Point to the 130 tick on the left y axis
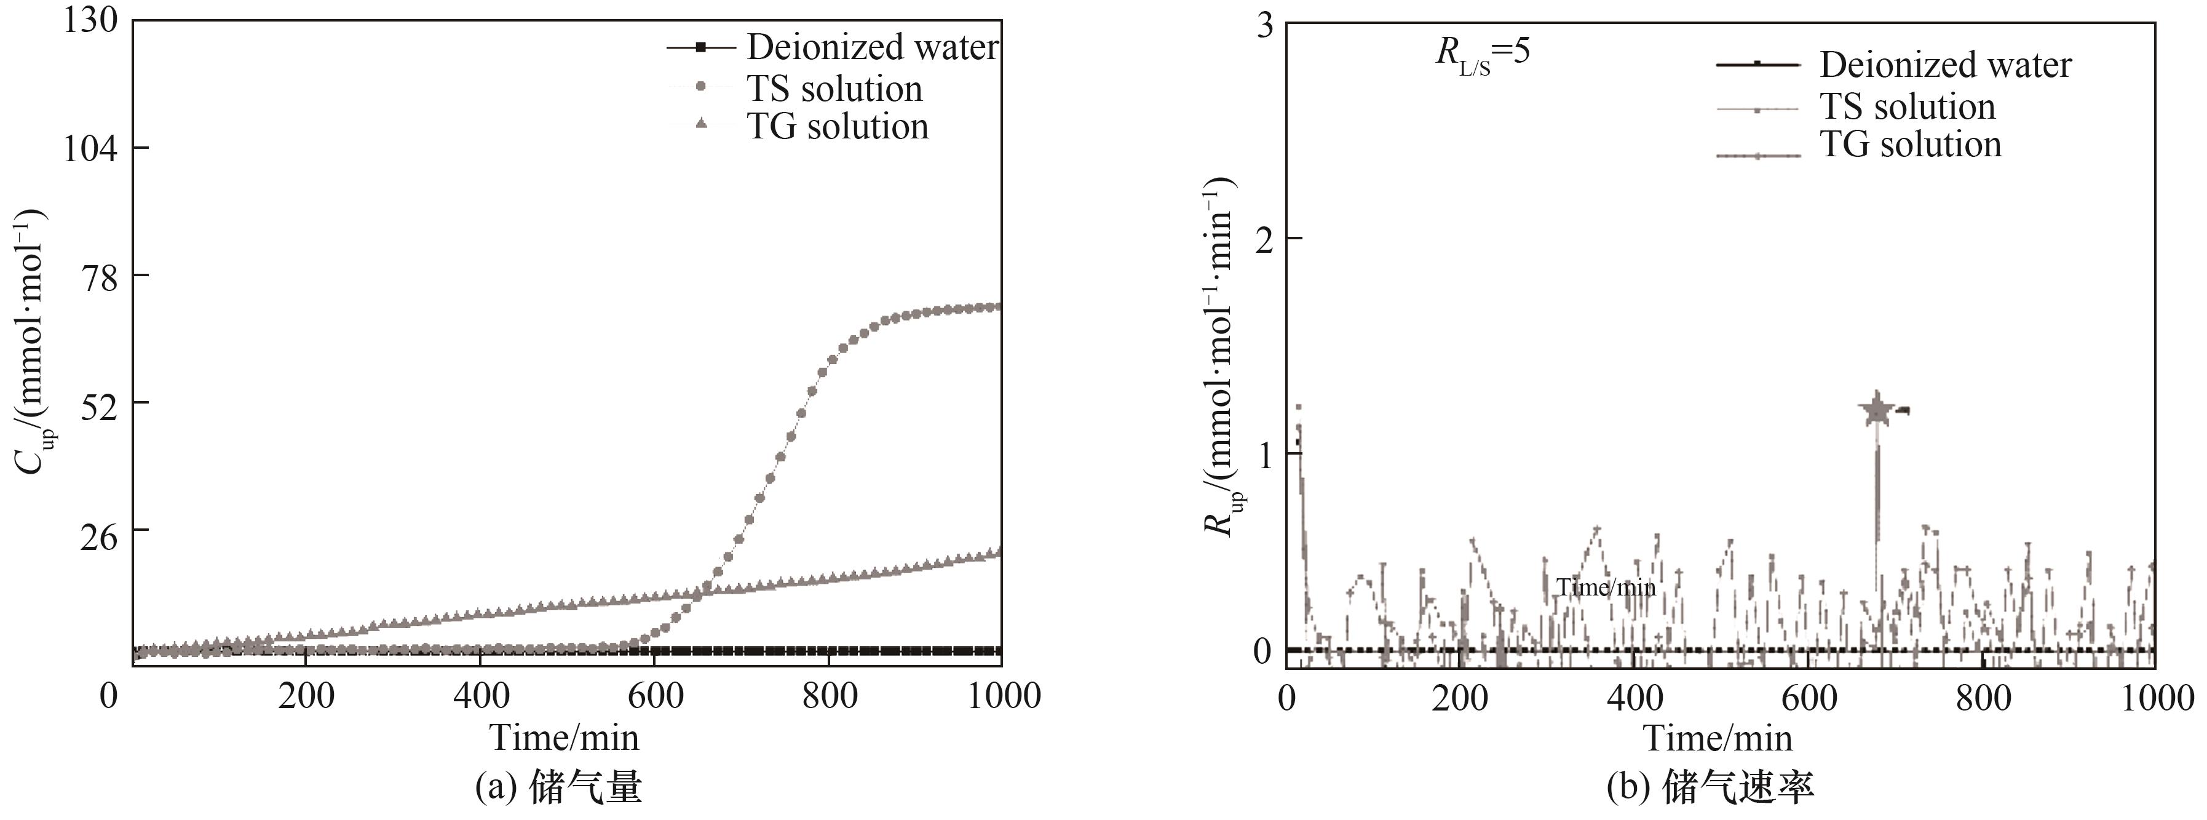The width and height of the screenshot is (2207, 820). click(90, 20)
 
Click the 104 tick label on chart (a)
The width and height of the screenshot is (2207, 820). click(90, 148)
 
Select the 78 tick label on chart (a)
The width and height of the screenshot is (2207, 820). click(98, 276)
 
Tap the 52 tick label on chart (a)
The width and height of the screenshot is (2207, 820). click(98, 403)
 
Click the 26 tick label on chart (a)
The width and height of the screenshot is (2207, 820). click(98, 530)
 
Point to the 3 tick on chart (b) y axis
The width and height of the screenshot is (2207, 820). click(1263, 26)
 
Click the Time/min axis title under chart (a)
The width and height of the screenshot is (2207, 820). click(564, 738)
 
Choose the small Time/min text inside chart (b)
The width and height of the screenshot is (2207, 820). click(1606, 588)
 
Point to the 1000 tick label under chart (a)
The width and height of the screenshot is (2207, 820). click(1003, 696)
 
